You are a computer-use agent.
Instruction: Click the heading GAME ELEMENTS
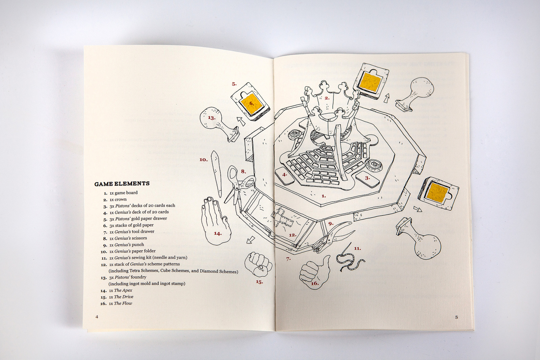pyautogui.click(x=122, y=184)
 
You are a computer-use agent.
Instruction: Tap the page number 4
pyautogui.click(x=97, y=316)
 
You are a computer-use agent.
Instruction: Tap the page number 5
pyautogui.click(x=456, y=317)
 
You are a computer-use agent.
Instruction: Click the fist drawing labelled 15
pyautogui.click(x=258, y=263)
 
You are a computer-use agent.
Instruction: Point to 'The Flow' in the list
pyautogui.click(x=123, y=303)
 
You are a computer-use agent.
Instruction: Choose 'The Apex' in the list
pyautogui.click(x=123, y=290)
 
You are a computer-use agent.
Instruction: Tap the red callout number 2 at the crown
pyautogui.click(x=327, y=98)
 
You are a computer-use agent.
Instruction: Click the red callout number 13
pyautogui.click(x=211, y=118)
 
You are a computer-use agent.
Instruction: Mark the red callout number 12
pyautogui.click(x=292, y=235)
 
